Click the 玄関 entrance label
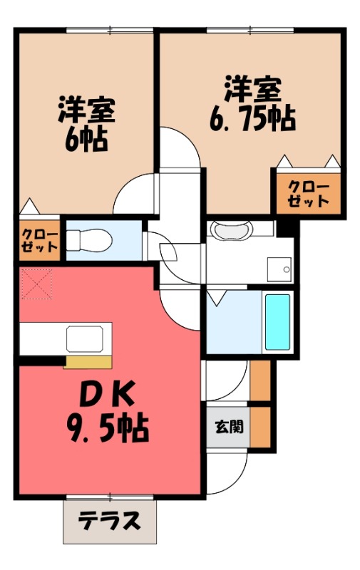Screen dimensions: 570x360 229,427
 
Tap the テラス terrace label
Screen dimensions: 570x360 109,522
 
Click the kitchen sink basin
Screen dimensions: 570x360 89,338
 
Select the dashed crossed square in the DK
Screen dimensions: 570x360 37,284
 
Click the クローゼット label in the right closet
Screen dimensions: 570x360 309,193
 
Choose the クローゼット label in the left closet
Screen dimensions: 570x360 38,241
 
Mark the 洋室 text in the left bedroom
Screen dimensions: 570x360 86,110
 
